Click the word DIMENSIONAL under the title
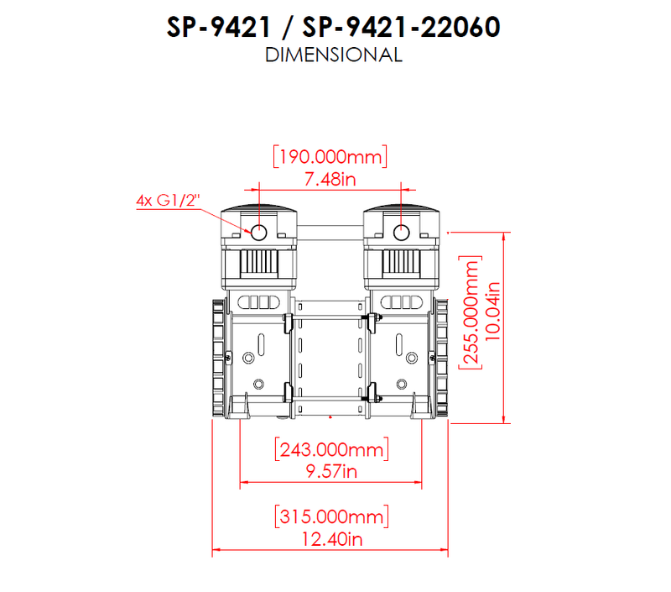point(334,55)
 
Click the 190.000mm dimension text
point(330,157)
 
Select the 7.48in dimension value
point(330,179)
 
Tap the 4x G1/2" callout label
point(168,201)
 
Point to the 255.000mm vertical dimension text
point(471,312)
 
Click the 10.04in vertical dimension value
point(493,312)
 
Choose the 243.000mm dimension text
point(331,449)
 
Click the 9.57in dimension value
point(331,472)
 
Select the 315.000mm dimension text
point(331,516)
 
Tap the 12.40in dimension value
point(332,539)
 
